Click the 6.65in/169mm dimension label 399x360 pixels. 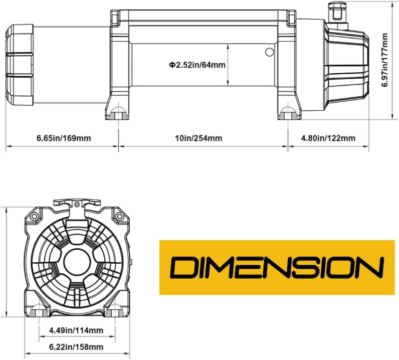[x=64, y=139]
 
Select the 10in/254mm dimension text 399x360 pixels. [x=199, y=139]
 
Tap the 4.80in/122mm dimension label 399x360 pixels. [x=328, y=139]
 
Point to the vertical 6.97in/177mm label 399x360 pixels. [x=385, y=60]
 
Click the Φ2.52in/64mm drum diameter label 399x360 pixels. [x=197, y=65]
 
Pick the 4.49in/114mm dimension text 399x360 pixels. [x=76, y=331]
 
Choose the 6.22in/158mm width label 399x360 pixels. [x=76, y=347]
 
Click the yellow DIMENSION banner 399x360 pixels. [x=277, y=267]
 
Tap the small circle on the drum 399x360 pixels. [x=269, y=52]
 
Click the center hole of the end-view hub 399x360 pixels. [x=77, y=263]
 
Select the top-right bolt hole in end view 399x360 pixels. [x=119, y=216]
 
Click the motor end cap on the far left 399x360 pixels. [x=19, y=65]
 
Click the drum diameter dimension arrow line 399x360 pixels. [x=227, y=65]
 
